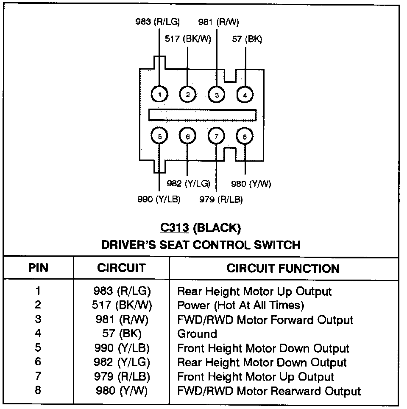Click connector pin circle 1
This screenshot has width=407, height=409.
coord(159,94)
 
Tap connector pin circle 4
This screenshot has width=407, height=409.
coord(245,94)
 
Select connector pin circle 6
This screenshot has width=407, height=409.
coord(188,136)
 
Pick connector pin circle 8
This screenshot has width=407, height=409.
coord(245,136)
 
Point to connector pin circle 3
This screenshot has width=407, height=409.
coord(216,94)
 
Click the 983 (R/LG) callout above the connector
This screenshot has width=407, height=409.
coord(157,22)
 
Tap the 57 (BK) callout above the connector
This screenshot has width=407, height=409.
coord(247,39)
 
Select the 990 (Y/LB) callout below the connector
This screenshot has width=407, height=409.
coord(159,199)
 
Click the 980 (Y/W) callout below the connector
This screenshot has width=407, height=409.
coord(251,184)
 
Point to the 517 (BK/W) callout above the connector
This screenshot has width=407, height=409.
coord(187,39)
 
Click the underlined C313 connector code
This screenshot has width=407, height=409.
coord(174,228)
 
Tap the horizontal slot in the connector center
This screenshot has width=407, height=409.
coord(202,115)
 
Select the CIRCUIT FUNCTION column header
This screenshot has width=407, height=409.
coord(283,269)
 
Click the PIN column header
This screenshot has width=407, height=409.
coord(38,268)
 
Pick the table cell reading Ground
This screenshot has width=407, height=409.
coord(197,334)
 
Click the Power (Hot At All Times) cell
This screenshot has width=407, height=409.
coord(240,305)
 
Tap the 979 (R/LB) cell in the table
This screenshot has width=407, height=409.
coord(122,377)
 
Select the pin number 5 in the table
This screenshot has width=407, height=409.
coord(38,348)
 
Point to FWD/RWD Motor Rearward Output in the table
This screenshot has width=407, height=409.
coord(269,391)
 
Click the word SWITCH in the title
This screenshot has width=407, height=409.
coord(276,245)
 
